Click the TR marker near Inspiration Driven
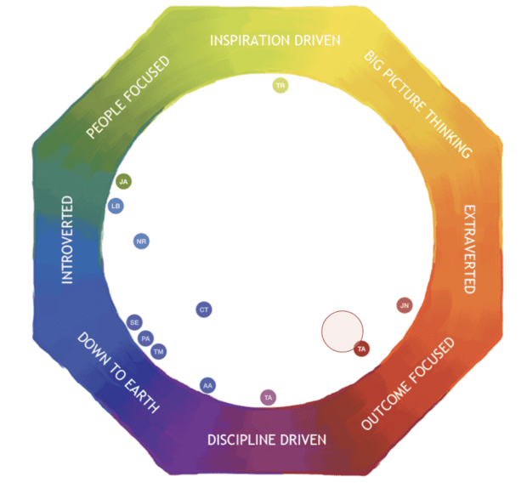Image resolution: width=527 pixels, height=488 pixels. click(x=280, y=85)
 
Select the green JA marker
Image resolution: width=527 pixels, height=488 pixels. click(x=124, y=181)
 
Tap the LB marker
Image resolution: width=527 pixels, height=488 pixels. click(x=116, y=206)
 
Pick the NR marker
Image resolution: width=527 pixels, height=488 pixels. click(x=142, y=241)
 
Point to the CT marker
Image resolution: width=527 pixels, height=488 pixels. click(x=204, y=309)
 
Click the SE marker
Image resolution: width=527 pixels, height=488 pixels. click(x=134, y=323)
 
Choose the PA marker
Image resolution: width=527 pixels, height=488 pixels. click(x=146, y=338)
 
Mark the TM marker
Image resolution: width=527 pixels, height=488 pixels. click(x=158, y=352)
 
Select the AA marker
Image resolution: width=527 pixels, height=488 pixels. click(x=207, y=385)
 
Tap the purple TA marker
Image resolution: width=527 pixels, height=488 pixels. click(x=268, y=397)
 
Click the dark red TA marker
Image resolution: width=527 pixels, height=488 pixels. click(x=361, y=349)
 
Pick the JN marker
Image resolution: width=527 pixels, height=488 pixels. click(x=405, y=305)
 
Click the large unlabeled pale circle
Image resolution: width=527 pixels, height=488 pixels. click(x=342, y=330)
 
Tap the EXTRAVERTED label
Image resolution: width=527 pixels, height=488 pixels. click(x=467, y=248)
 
